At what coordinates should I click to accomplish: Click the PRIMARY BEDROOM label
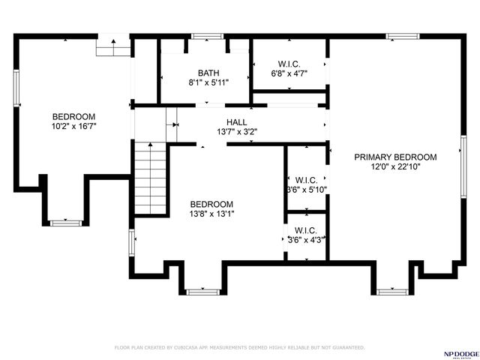[395, 157]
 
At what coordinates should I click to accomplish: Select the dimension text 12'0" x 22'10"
[395, 167]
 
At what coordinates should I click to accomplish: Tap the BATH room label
[208, 73]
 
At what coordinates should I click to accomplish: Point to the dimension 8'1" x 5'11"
[208, 82]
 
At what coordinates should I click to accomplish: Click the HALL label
[236, 121]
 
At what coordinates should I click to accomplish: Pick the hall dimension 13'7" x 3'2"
[236, 131]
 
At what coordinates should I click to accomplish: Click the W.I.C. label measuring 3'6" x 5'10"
[306, 180]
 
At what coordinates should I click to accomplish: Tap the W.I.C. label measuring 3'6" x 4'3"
[306, 230]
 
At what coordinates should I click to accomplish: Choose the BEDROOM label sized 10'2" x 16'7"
[73, 116]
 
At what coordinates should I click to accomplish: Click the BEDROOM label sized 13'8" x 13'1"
[211, 204]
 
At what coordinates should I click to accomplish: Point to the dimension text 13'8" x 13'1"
[211, 214]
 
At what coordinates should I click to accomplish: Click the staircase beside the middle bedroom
[150, 180]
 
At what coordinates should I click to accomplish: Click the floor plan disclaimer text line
[239, 347]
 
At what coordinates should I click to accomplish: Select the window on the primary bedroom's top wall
[402, 35]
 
